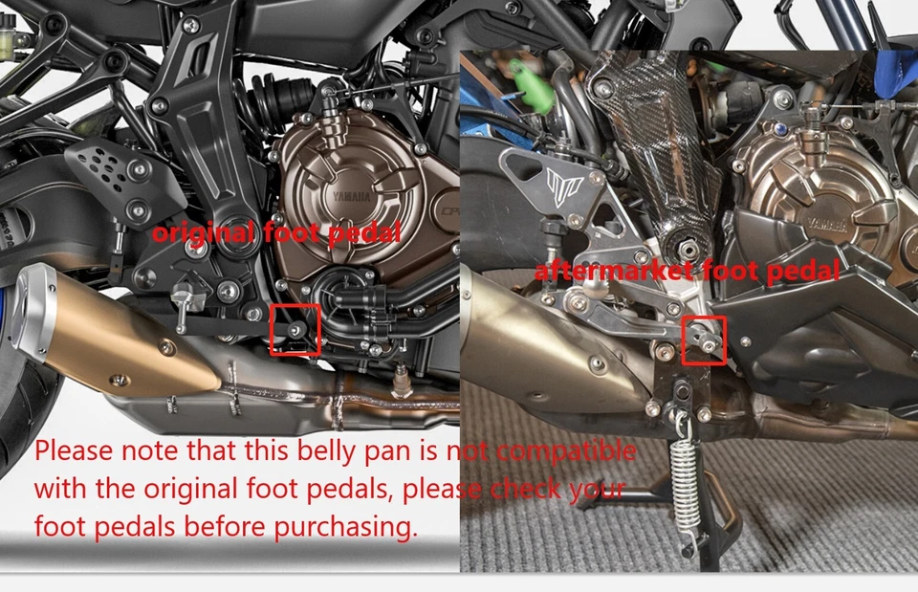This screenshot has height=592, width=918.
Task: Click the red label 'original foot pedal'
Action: (x=277, y=231)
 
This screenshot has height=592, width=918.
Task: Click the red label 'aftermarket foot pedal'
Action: (x=687, y=271)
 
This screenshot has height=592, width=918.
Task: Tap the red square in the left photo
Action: (x=295, y=330)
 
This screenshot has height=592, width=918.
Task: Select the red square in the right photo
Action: (x=705, y=340)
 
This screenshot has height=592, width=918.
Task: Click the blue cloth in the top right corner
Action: (x=895, y=67)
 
